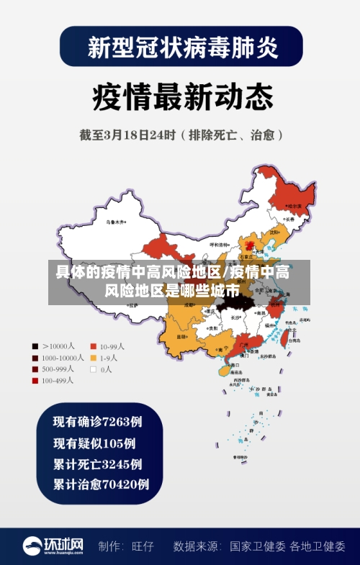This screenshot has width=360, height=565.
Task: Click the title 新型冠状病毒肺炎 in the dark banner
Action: point(180,48)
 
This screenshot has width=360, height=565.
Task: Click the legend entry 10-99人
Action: point(112,346)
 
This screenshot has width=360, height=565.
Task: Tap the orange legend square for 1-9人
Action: point(94,358)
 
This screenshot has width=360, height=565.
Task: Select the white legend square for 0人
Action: point(94,369)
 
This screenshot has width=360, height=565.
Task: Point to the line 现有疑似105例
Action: point(94,442)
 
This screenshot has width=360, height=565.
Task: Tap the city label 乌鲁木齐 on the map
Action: point(115,222)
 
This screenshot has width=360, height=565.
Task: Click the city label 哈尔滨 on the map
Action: point(294,206)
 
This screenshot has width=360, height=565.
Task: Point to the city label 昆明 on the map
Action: point(181,337)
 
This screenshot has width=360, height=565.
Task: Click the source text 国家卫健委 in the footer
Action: point(258,546)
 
